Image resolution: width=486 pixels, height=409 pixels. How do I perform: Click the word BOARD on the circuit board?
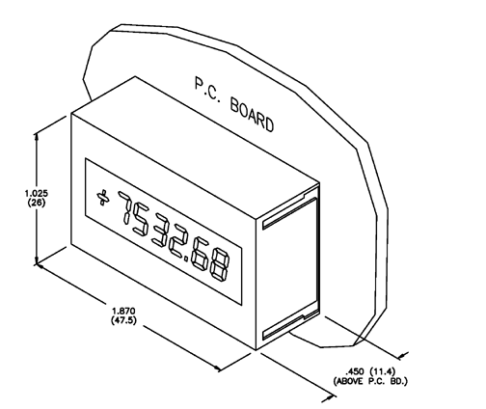click(x=253, y=116)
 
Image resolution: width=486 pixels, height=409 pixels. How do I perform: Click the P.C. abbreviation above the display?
click(x=207, y=91)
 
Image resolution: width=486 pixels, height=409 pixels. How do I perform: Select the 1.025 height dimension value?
click(x=37, y=194)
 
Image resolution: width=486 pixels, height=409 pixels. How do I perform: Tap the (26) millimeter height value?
click(x=37, y=203)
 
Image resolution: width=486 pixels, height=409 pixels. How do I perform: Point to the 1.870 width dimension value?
click(x=123, y=312)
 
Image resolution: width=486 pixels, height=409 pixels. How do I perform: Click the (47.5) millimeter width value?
click(x=123, y=320)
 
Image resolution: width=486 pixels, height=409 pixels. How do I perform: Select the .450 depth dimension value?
click(x=355, y=372)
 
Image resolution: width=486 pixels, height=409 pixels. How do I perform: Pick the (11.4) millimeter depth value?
click(x=382, y=372)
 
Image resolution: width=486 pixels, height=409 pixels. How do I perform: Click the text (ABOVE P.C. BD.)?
click(x=370, y=382)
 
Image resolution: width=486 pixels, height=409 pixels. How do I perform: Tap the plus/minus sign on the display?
click(x=102, y=198)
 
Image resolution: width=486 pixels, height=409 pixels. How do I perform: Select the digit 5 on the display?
click(x=142, y=220)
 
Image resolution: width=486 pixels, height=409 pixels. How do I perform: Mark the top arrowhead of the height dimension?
click(x=37, y=137)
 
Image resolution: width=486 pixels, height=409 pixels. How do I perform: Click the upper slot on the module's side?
click(x=289, y=212)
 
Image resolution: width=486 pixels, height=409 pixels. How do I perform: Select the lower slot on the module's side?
click(x=289, y=325)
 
